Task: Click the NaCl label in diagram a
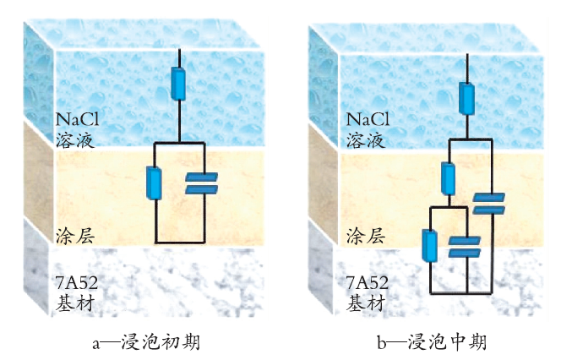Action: pyautogui.click(x=77, y=119)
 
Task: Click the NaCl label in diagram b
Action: pyautogui.click(x=368, y=119)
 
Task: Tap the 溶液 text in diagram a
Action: pyautogui.click(x=75, y=140)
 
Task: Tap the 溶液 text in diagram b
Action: pyautogui.click(x=366, y=140)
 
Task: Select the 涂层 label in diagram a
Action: pyautogui.click(x=75, y=236)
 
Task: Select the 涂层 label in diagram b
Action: pyautogui.click(x=366, y=236)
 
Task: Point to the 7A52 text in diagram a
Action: pyautogui.click(x=77, y=282)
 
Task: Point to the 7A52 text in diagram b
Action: pyautogui.click(x=368, y=282)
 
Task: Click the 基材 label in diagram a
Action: pyautogui.click(x=75, y=303)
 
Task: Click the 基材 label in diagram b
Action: pyautogui.click(x=366, y=303)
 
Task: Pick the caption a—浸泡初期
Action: pyautogui.click(x=146, y=342)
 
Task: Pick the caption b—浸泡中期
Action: pyautogui.click(x=432, y=342)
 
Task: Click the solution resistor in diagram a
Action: pyautogui.click(x=178, y=84)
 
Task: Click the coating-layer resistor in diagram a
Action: pyautogui.click(x=154, y=183)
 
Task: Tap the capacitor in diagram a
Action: pyautogui.click(x=201, y=183)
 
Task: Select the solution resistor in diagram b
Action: pyautogui.click(x=466, y=99)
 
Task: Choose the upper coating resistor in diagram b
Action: pyautogui.click(x=448, y=178)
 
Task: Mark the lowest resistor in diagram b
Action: pyautogui.click(x=430, y=245)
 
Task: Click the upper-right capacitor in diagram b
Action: pyautogui.click(x=489, y=204)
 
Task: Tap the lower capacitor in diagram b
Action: pyautogui.click(x=465, y=247)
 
